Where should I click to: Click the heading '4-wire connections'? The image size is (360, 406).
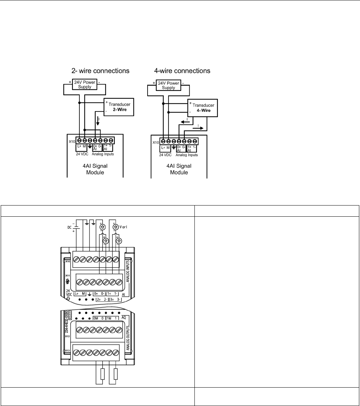pos(180,70)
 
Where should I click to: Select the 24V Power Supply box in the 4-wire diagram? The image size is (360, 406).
pos(168,85)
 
